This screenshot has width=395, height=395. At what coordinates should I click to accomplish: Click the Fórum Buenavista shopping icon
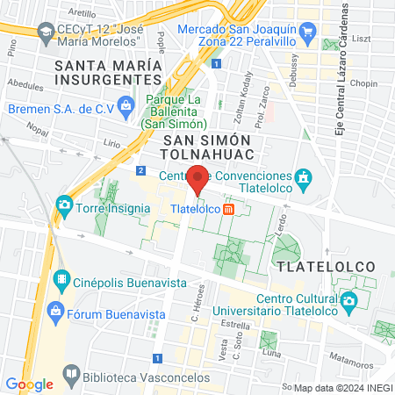pyautogui.click(x=55, y=311)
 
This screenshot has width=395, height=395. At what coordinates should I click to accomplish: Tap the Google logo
pyautogui.click(x=29, y=384)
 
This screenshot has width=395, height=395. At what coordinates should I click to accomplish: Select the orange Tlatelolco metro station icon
pyautogui.click(x=228, y=209)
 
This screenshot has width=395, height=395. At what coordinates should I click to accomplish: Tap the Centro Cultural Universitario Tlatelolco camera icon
pyautogui.click(x=349, y=301)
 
